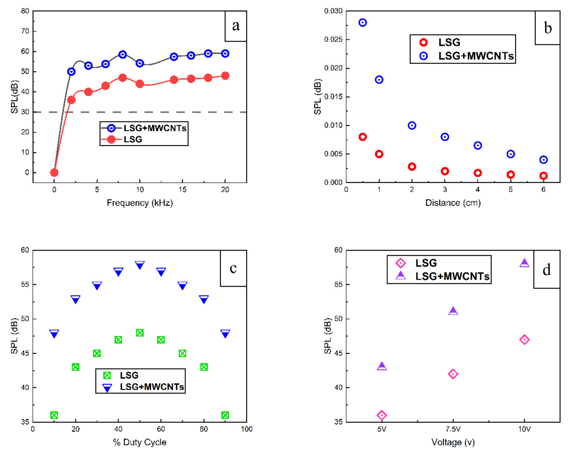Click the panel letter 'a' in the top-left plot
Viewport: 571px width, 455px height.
tap(236, 26)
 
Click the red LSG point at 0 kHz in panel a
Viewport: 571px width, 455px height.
tap(54, 173)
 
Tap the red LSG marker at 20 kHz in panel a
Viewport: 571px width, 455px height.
tap(225, 76)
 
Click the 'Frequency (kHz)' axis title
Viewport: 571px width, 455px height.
tap(140, 203)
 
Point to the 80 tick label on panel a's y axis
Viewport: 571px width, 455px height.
tap(25, 11)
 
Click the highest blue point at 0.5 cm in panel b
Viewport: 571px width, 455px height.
tap(363, 23)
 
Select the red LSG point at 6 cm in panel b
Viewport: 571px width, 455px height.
tap(544, 176)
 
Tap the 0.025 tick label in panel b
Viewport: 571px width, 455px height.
tap(333, 40)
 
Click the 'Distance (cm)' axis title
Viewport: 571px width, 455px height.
tap(453, 203)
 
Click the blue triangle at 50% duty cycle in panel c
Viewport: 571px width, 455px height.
tap(139, 265)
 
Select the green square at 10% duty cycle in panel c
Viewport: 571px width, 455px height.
tap(54, 415)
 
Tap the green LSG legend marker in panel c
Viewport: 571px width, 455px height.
tap(107, 375)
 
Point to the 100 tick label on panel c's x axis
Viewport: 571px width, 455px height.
tap(247, 429)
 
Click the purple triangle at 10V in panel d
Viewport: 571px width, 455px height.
tap(524, 263)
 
